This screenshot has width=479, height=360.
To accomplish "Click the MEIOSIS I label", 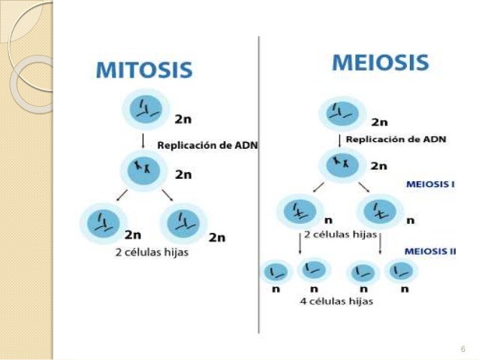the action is [429, 183].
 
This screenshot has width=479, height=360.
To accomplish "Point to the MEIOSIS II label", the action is [429, 251].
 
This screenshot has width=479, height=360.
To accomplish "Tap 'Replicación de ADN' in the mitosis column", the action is [206, 146].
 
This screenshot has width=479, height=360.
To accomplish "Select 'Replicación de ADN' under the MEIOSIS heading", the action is [396, 139].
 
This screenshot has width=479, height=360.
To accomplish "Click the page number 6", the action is [462, 348].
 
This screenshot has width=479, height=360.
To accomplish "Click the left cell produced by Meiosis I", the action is [299, 212].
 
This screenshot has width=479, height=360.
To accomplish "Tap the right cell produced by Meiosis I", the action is [380, 212].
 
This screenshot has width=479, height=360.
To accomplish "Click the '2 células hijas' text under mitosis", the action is [152, 253].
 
